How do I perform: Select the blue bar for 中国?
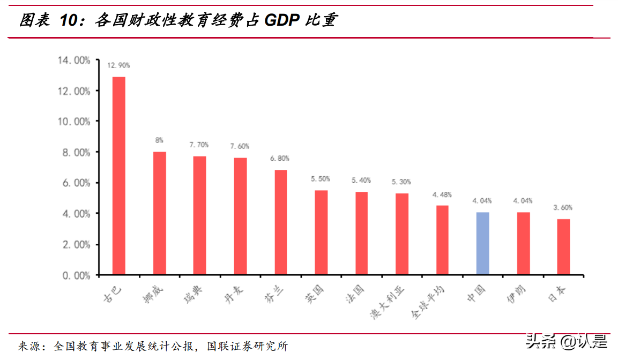482,244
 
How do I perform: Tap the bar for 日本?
563,247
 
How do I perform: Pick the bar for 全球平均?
442,240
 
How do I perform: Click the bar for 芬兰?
281,222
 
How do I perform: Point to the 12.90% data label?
118,65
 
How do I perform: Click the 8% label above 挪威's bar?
159,140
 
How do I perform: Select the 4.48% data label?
442,194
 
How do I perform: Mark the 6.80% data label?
280,159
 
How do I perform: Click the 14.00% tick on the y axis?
74,61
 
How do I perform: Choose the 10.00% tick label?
74,122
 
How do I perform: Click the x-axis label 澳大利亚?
389,302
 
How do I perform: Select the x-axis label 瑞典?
192,294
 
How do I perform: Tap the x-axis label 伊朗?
516,294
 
